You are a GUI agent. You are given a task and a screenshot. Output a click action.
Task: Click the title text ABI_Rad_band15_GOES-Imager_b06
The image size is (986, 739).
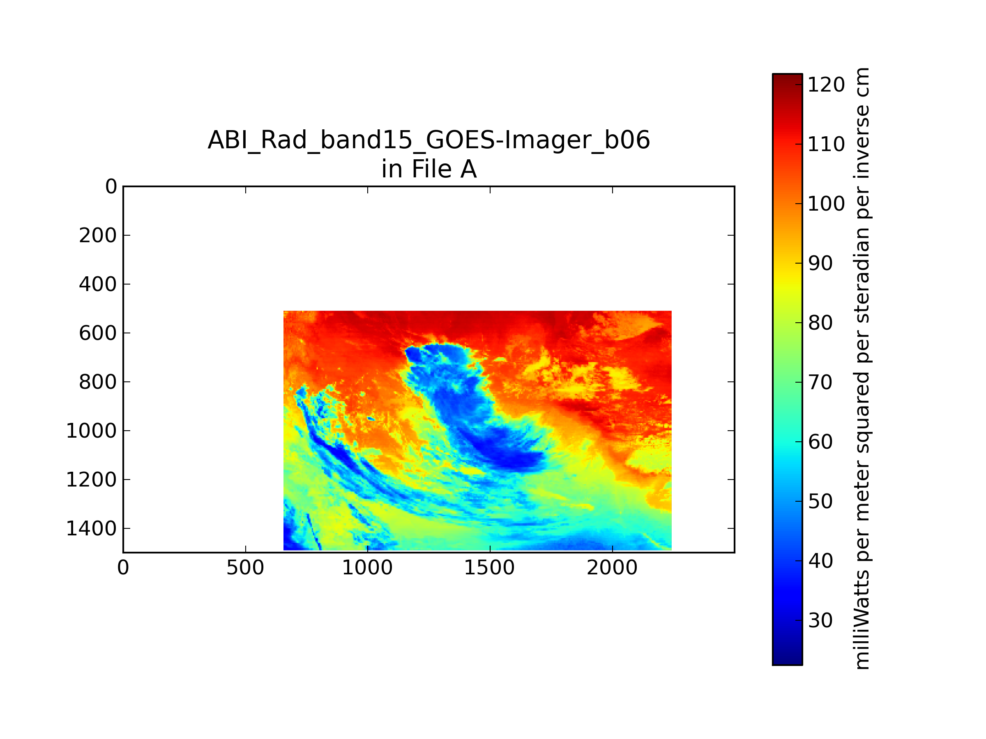click(x=429, y=141)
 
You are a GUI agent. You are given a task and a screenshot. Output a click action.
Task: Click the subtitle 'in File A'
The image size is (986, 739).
click(x=429, y=169)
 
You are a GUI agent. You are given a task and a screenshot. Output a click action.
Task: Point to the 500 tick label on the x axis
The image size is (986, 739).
click(x=245, y=568)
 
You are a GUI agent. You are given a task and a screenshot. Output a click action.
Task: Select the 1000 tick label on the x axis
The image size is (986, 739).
click(x=367, y=568)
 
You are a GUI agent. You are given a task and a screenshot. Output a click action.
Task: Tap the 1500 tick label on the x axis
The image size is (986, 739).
click(x=489, y=568)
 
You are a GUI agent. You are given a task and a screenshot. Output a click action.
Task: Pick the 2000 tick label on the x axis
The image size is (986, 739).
click(x=612, y=568)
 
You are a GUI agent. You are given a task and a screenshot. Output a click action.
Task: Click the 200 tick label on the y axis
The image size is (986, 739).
click(x=98, y=235)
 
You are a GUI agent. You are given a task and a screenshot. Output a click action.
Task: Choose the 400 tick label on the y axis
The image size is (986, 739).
click(x=98, y=284)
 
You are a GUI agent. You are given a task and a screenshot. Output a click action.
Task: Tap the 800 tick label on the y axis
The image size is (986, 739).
click(x=98, y=382)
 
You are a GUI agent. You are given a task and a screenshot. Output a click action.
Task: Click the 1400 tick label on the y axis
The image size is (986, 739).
click(x=91, y=529)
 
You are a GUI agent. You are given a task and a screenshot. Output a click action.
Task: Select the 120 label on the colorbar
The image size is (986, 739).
click(x=826, y=85)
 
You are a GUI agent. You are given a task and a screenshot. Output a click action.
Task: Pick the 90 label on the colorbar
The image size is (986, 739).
click(x=820, y=263)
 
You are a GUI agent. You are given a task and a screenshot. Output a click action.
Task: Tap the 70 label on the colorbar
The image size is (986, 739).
click(x=820, y=382)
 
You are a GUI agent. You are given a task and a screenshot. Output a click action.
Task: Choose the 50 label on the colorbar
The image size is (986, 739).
click(x=820, y=502)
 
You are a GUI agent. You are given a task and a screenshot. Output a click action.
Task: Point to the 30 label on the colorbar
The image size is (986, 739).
click(x=820, y=620)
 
